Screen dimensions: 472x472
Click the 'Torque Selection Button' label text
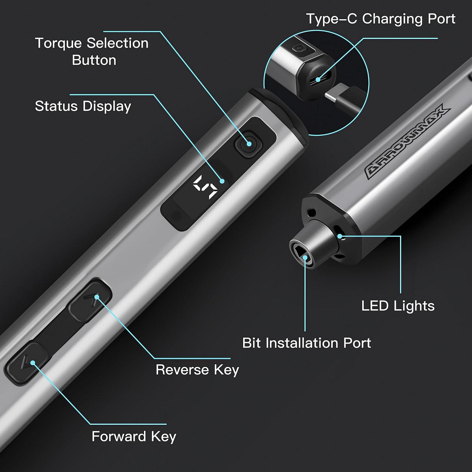coord(91,51)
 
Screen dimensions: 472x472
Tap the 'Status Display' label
coord(83,106)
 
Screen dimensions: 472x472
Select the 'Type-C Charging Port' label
coord(381,19)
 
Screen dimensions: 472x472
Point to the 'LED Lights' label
coord(398,306)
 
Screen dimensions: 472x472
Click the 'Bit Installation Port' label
coord(307,343)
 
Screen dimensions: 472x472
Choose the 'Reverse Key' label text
coord(197,370)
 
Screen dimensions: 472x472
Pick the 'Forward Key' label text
coord(134,437)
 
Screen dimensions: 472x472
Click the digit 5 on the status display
coord(205,187)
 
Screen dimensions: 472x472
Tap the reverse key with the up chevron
coord(90,300)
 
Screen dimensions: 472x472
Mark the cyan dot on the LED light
coord(340,236)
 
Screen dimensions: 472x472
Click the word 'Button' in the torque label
coord(94,60)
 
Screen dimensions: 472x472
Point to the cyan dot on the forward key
coord(33,363)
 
